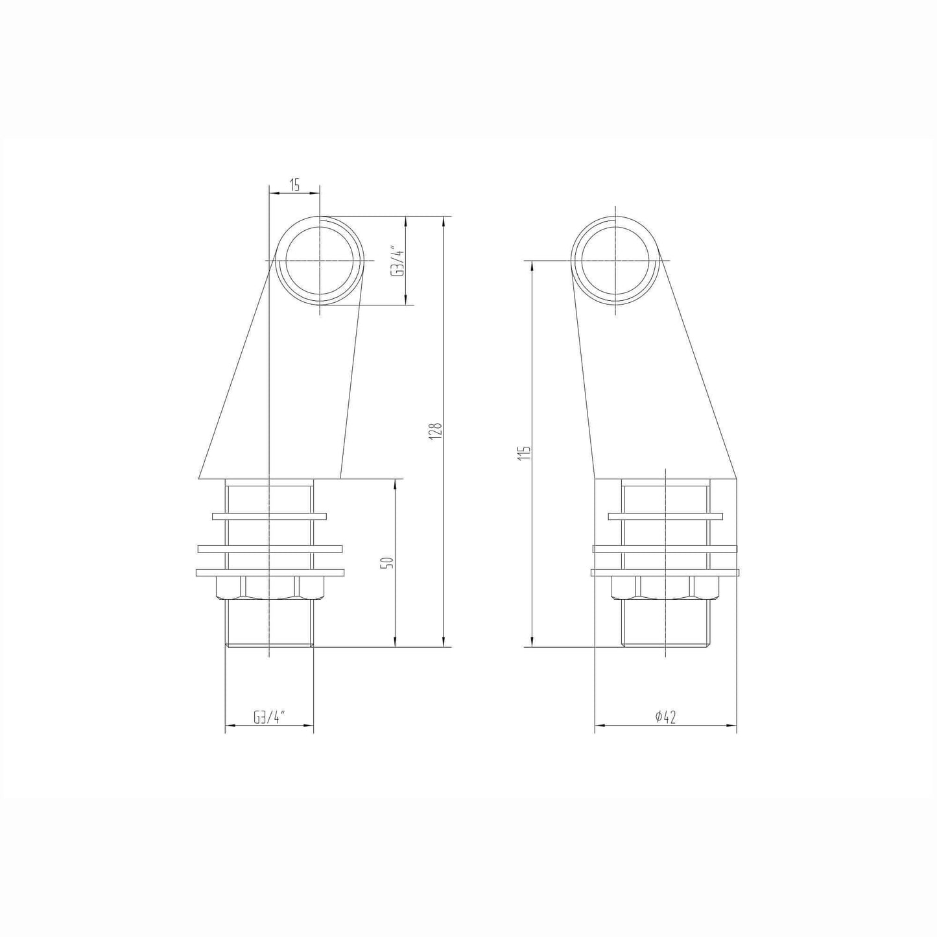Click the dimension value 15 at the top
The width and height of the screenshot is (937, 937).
(x=294, y=185)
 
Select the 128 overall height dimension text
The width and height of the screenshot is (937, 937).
(x=436, y=431)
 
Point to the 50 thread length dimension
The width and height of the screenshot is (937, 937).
(x=387, y=562)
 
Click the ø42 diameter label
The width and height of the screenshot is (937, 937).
(x=665, y=717)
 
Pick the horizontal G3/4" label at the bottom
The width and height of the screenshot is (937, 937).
(x=269, y=717)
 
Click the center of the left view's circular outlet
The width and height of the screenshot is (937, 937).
(x=320, y=260)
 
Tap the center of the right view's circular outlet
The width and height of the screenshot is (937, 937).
(x=615, y=260)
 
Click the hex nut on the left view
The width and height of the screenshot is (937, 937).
(x=269, y=587)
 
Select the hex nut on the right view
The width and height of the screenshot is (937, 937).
(x=665, y=587)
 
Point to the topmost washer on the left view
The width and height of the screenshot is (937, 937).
(x=269, y=516)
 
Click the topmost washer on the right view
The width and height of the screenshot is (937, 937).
(x=665, y=516)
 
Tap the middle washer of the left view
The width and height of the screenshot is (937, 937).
(x=269, y=549)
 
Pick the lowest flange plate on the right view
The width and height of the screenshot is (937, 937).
(x=665, y=573)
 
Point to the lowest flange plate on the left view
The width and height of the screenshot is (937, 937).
(x=269, y=573)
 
